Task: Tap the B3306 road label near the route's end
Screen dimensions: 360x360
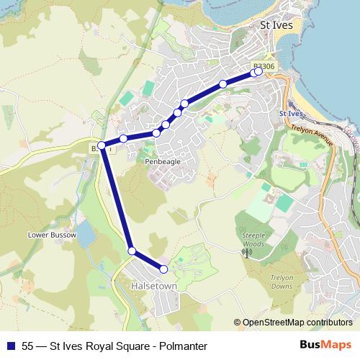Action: [x=264, y=66]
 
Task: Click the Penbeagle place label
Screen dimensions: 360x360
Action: [x=162, y=162]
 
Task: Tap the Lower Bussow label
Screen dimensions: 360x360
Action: [x=45, y=235]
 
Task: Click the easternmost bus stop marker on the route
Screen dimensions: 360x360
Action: [x=258, y=71]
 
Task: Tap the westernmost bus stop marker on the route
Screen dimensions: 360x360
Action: [x=102, y=145]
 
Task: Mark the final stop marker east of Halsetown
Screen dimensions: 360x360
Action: [x=163, y=269]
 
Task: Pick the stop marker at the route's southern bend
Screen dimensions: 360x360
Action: [x=132, y=251]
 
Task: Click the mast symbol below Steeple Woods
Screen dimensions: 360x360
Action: [x=246, y=251]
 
